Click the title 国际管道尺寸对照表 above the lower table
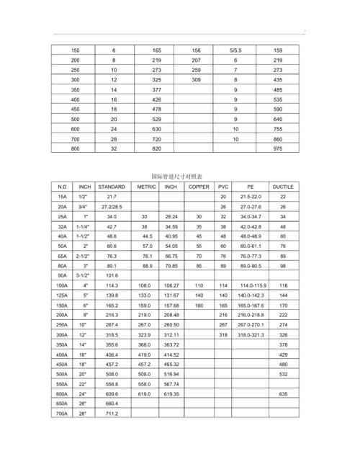177,176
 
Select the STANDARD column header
112,186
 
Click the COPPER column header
199,186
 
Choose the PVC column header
222,186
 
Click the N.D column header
62,186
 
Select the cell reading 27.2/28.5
112,206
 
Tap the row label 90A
62,275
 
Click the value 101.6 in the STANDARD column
112,275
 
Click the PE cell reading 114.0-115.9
252,285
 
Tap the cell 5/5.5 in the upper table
235,51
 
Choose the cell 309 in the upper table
197,80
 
